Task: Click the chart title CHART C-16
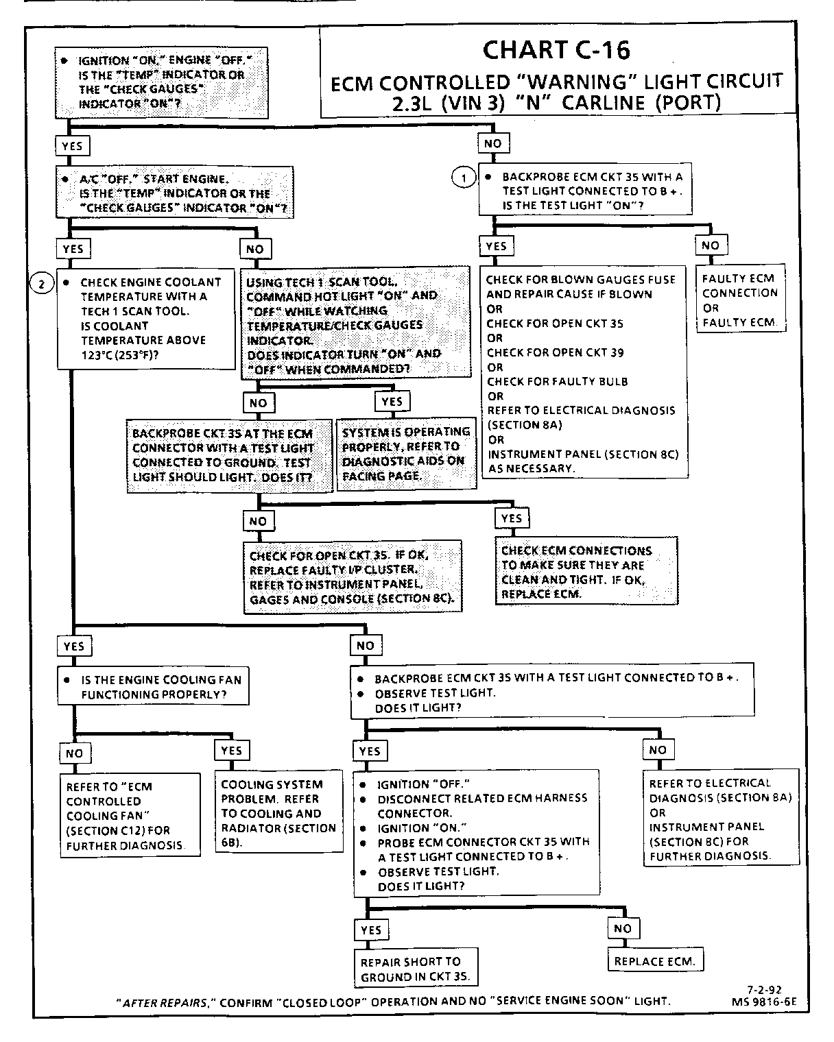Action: click(x=556, y=50)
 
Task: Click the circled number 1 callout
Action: click(x=464, y=178)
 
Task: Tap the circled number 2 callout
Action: click(x=43, y=283)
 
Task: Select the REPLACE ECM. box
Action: click(x=654, y=961)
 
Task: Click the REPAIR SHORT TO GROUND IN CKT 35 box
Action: click(x=416, y=969)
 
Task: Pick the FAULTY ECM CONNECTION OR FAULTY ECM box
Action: click(x=739, y=300)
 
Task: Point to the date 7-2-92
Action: click(x=765, y=989)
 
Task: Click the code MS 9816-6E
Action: click(x=764, y=1001)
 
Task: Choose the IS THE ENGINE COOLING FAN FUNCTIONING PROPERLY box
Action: click(x=153, y=687)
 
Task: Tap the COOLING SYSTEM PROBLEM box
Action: click(x=278, y=813)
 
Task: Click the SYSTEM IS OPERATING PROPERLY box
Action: click(x=406, y=454)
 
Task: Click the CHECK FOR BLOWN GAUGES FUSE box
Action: click(x=583, y=374)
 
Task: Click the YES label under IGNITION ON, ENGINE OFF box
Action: click(x=72, y=146)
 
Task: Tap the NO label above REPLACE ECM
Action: click(x=623, y=929)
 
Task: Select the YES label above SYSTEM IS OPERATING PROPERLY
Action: click(x=392, y=402)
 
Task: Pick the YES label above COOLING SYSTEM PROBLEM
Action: click(x=232, y=751)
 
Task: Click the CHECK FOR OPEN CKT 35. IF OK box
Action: click(x=352, y=577)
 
